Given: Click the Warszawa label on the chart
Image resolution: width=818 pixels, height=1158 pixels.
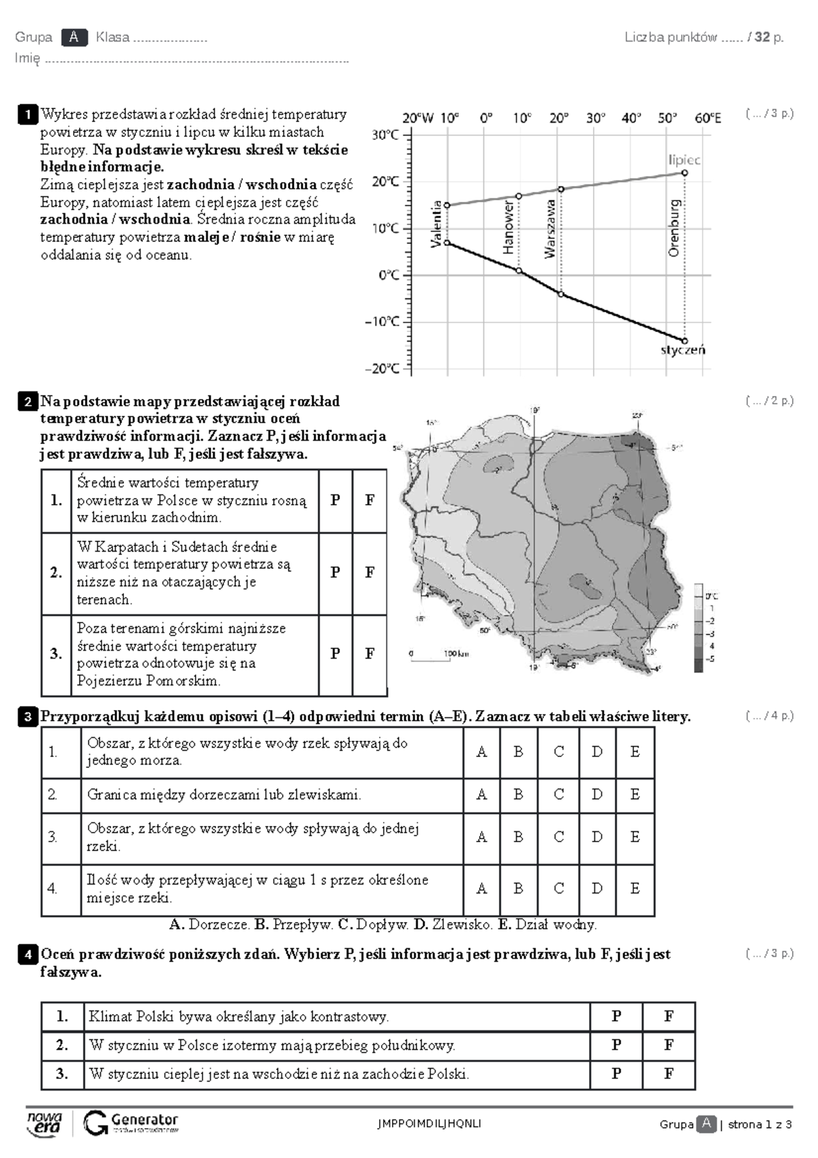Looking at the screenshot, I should [550, 228].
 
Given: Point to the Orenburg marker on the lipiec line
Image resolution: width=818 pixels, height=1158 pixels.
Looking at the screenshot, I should [684, 173].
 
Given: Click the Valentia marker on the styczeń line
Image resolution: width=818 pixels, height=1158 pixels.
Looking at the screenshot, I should [447, 243].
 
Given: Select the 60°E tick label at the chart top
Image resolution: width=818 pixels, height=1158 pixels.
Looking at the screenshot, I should [708, 118].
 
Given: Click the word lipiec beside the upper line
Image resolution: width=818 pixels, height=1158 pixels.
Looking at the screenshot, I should [684, 160].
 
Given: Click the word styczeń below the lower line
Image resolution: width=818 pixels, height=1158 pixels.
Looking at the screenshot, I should [682, 351].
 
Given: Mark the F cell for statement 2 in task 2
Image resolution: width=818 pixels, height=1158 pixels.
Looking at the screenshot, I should [369, 573].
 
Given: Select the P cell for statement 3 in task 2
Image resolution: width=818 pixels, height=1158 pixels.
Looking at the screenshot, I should [335, 654].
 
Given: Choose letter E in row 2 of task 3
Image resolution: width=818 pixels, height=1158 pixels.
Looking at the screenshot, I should [635, 795].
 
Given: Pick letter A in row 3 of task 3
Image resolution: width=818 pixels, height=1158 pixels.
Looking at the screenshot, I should [481, 837].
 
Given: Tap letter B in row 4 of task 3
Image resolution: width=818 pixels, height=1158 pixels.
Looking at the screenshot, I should [518, 889].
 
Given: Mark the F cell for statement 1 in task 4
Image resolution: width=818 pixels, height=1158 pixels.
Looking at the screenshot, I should [668, 1016].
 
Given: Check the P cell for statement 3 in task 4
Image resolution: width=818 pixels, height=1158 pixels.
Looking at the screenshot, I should [616, 1074].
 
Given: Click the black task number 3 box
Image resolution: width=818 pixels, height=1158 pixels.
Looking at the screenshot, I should [28, 717].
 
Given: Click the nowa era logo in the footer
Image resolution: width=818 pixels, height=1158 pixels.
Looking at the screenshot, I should [45, 1123].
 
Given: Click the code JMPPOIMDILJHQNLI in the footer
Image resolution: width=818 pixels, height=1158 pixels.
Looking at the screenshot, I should [429, 1124].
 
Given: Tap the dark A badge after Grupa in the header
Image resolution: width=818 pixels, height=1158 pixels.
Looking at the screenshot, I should [74, 38].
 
